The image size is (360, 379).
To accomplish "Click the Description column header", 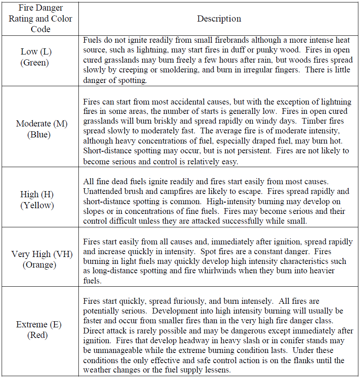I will (219, 19).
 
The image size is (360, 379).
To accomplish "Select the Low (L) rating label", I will (36, 52).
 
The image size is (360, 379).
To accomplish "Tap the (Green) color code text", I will (36, 63).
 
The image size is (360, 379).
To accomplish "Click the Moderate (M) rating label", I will (42, 124).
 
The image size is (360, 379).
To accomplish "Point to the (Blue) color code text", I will (39, 135).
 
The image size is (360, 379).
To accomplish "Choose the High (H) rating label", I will (37, 194).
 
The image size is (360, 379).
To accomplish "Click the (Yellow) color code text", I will (37, 205).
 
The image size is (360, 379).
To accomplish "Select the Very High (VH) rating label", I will (42, 254).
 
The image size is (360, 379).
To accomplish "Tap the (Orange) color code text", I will (39, 265).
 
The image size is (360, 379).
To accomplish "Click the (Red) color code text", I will (37, 335).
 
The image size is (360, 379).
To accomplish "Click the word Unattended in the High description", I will (103, 192).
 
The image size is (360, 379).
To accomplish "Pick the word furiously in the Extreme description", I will (184, 301).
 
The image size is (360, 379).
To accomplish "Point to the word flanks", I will (296, 360).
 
